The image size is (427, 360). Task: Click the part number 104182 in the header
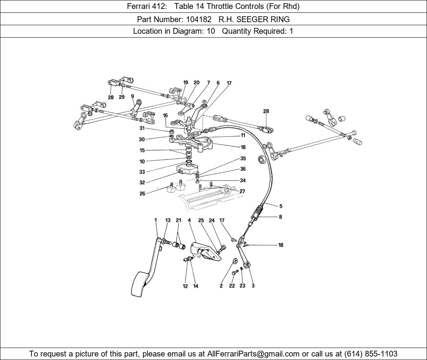[x=199, y=19]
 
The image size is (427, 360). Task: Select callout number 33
[x=142, y=172]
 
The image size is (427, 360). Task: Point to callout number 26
[x=142, y=194]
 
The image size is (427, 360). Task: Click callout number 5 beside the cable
[x=281, y=206]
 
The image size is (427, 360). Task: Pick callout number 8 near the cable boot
[x=280, y=217]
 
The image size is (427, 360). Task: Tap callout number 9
[x=132, y=96]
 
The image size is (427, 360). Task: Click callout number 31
[x=142, y=128]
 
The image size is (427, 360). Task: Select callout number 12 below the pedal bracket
[x=185, y=286]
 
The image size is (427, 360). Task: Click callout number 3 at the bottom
[x=253, y=286]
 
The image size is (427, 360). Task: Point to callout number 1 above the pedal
[x=156, y=220]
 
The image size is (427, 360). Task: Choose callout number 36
[x=243, y=169]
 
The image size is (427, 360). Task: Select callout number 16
[x=165, y=115]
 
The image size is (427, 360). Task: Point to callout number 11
[x=243, y=135]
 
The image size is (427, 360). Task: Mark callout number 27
[x=242, y=191]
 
